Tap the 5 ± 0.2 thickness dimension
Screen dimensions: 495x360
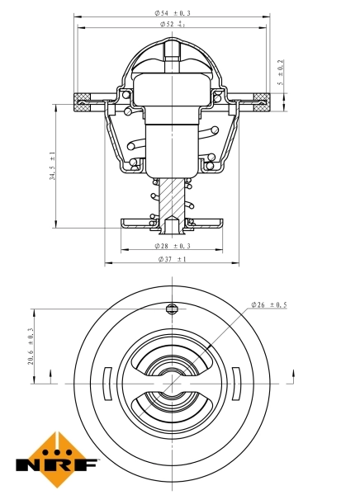[282, 73]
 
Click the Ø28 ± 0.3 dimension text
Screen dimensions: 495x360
[172, 246]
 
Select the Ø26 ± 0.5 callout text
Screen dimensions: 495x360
[269, 305]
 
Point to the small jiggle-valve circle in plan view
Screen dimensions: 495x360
[172, 309]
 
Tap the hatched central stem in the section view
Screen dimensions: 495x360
[172, 198]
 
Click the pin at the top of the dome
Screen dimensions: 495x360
[172, 51]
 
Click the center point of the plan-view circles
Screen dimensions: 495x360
[172, 384]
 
